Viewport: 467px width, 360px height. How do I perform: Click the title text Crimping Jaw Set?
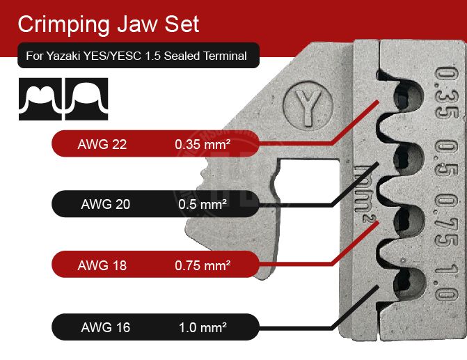point(108,24)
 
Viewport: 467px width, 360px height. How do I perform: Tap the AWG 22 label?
point(102,146)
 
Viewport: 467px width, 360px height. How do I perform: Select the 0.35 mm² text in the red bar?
point(202,146)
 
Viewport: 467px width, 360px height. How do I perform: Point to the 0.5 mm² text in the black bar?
point(202,205)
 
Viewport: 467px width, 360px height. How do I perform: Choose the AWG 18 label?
point(102,265)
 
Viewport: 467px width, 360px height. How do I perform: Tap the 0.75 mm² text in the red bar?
point(203,265)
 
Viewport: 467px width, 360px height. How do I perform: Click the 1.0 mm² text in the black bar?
point(202,325)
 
